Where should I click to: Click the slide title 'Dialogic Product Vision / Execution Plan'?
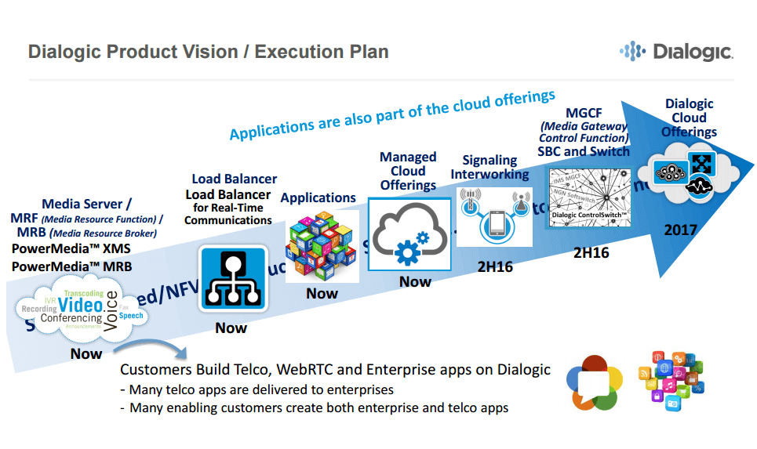click(208, 53)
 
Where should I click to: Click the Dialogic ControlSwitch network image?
click(590, 199)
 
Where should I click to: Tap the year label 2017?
click(680, 230)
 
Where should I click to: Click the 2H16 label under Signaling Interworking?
click(495, 267)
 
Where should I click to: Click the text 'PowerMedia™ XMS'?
click(71, 249)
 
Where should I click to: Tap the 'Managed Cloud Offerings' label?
click(408, 172)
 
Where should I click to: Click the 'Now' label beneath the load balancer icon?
click(231, 328)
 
